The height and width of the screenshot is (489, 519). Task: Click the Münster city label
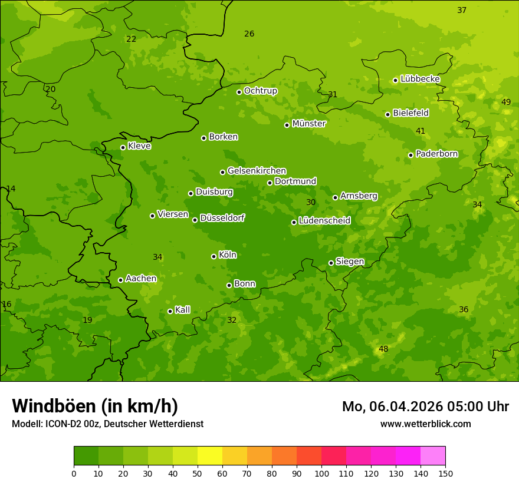(x=308, y=124)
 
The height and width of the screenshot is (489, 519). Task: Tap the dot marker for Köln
(x=213, y=256)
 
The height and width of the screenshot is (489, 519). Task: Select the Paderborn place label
(x=436, y=154)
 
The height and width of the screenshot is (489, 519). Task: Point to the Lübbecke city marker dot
(x=395, y=80)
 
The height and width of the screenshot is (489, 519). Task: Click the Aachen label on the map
(x=141, y=279)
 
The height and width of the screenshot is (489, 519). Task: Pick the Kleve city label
(x=139, y=146)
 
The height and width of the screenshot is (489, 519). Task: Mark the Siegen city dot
(x=331, y=263)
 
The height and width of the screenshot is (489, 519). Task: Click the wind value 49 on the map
(x=506, y=102)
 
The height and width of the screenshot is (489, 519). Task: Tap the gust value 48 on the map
(x=383, y=349)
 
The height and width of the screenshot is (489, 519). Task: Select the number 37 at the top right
(x=462, y=10)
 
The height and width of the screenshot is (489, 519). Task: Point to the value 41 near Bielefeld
(x=421, y=131)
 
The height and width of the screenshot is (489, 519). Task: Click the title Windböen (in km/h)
(x=95, y=406)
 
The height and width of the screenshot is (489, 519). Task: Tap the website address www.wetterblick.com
(x=425, y=424)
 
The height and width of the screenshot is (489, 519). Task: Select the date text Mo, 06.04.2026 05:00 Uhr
(x=425, y=407)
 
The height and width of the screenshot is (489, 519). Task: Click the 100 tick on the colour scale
(x=321, y=473)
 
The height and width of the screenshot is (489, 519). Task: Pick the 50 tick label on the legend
(x=198, y=473)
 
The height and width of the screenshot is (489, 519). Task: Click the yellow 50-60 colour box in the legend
(x=210, y=456)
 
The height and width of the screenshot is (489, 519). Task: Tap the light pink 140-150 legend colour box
(x=433, y=456)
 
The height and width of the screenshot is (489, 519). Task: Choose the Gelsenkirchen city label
(x=257, y=171)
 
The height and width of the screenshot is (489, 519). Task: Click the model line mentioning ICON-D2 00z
(x=107, y=424)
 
